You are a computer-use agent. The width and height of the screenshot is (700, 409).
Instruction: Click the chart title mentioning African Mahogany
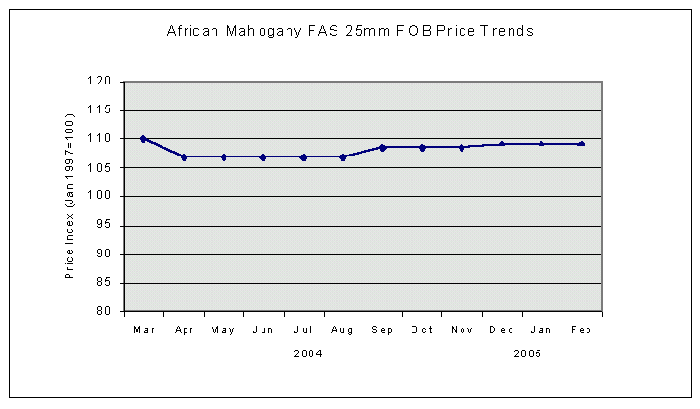350,31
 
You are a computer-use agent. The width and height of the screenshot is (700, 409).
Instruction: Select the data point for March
143,139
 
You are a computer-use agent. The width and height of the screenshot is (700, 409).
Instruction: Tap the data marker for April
184,156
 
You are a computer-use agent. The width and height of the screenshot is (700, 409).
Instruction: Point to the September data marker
383,147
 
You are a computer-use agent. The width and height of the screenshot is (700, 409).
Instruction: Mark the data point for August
343,156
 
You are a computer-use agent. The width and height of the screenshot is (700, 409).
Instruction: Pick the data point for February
582,144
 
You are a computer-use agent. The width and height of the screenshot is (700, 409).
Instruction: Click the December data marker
502,144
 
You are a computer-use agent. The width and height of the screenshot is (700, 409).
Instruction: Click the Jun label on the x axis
262,330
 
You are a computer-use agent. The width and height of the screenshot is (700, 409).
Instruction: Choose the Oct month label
422,330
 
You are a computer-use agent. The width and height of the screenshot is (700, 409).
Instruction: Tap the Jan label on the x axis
541,330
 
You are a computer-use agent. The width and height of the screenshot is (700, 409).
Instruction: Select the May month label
223,330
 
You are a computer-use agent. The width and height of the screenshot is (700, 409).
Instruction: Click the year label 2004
309,353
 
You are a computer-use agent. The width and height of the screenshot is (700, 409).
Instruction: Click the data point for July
303,156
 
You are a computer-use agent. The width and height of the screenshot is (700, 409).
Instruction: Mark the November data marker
462,147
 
